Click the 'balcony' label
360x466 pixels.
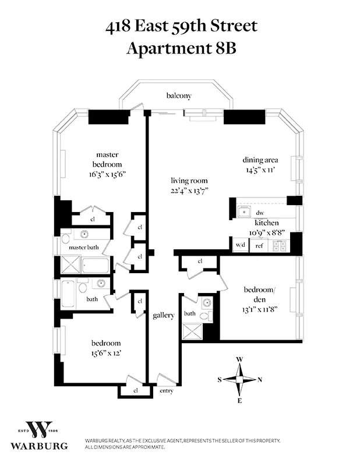point(179,96)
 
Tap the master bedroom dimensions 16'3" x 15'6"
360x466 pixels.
point(107,174)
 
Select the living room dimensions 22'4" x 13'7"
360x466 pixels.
point(189,190)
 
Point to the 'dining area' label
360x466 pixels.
point(260,160)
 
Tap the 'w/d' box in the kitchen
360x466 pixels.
point(240,246)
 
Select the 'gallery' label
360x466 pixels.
point(164,315)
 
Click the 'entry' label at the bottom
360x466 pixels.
point(166,391)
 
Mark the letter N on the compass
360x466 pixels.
point(260,379)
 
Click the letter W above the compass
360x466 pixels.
point(239,359)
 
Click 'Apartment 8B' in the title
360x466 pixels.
point(181,47)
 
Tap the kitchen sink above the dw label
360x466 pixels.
point(244,210)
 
